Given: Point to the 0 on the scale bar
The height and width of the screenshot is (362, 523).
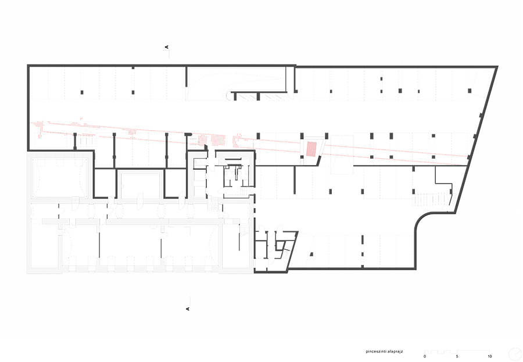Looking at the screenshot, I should pyautogui.click(x=425, y=356).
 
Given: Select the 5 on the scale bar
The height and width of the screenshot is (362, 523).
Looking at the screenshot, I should pyautogui.click(x=457, y=356).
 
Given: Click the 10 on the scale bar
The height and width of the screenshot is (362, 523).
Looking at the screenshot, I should pyautogui.click(x=489, y=356).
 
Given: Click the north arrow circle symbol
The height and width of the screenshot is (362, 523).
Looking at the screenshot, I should pyautogui.click(x=514, y=353).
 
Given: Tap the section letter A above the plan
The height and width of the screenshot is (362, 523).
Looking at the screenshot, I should pyautogui.click(x=167, y=46).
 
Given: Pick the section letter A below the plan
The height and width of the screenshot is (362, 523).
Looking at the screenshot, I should pyautogui.click(x=187, y=309).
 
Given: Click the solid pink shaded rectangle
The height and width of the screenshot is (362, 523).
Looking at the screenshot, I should pyautogui.click(x=312, y=148).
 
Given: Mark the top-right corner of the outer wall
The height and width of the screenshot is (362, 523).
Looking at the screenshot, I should pyautogui.click(x=497, y=67).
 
